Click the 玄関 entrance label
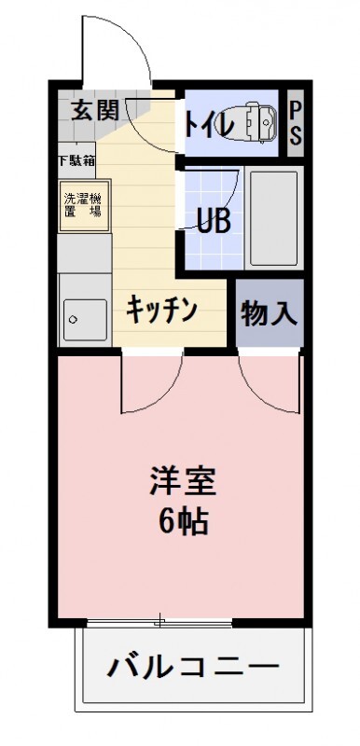coord(94,111)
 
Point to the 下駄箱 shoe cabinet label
coord(76,159)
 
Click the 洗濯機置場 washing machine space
coord(85,205)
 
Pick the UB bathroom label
coord(214,220)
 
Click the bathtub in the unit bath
coord(273,218)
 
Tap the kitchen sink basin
coord(85,320)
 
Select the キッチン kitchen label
coord(161,310)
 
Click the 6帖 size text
coord(183,522)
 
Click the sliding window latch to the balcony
coord(160,620)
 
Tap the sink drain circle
coord(73,319)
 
